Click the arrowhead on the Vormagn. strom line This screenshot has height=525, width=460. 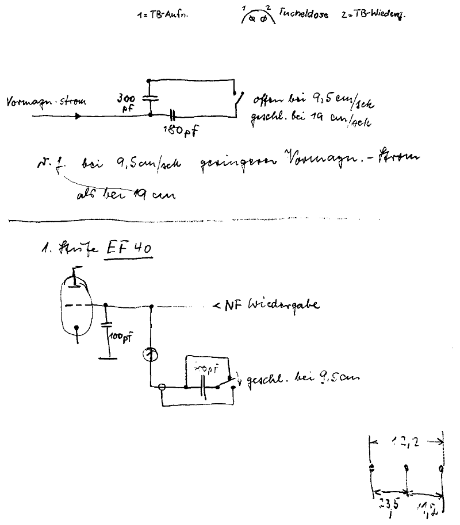(x=77, y=115)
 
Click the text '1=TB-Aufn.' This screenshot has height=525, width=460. (x=154, y=16)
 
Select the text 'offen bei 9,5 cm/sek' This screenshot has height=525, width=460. (x=313, y=103)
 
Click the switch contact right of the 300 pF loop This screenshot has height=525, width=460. (x=237, y=102)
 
